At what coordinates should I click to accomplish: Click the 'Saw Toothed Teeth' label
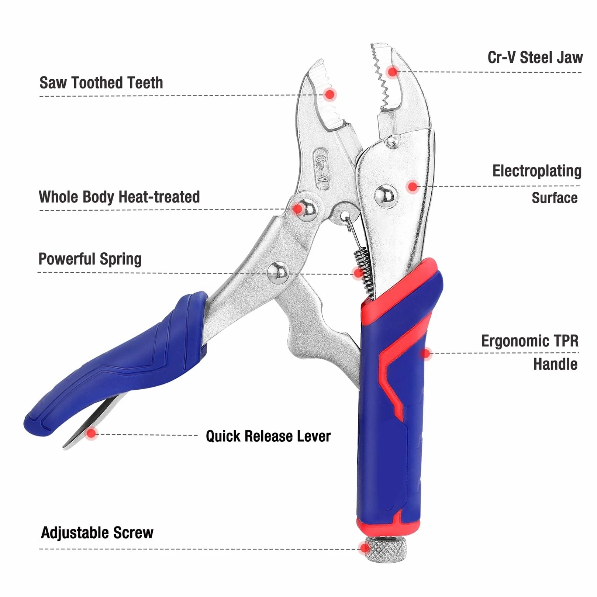101,83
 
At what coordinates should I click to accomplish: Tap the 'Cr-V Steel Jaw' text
535,58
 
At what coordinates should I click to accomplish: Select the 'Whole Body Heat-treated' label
119,197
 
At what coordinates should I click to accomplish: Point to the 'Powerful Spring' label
90,259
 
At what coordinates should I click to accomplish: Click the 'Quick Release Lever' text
268,436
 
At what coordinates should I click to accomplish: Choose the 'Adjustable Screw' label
97,533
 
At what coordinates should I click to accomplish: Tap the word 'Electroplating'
537,171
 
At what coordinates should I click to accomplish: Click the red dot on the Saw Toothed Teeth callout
330,94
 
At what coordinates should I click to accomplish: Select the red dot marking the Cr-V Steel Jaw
393,71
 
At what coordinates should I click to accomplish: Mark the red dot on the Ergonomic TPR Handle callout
426,353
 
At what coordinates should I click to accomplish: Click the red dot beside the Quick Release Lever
91,433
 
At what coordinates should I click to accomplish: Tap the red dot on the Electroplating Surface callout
413,186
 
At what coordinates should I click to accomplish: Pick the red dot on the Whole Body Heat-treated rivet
298,209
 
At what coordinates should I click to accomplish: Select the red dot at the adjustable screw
365,548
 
